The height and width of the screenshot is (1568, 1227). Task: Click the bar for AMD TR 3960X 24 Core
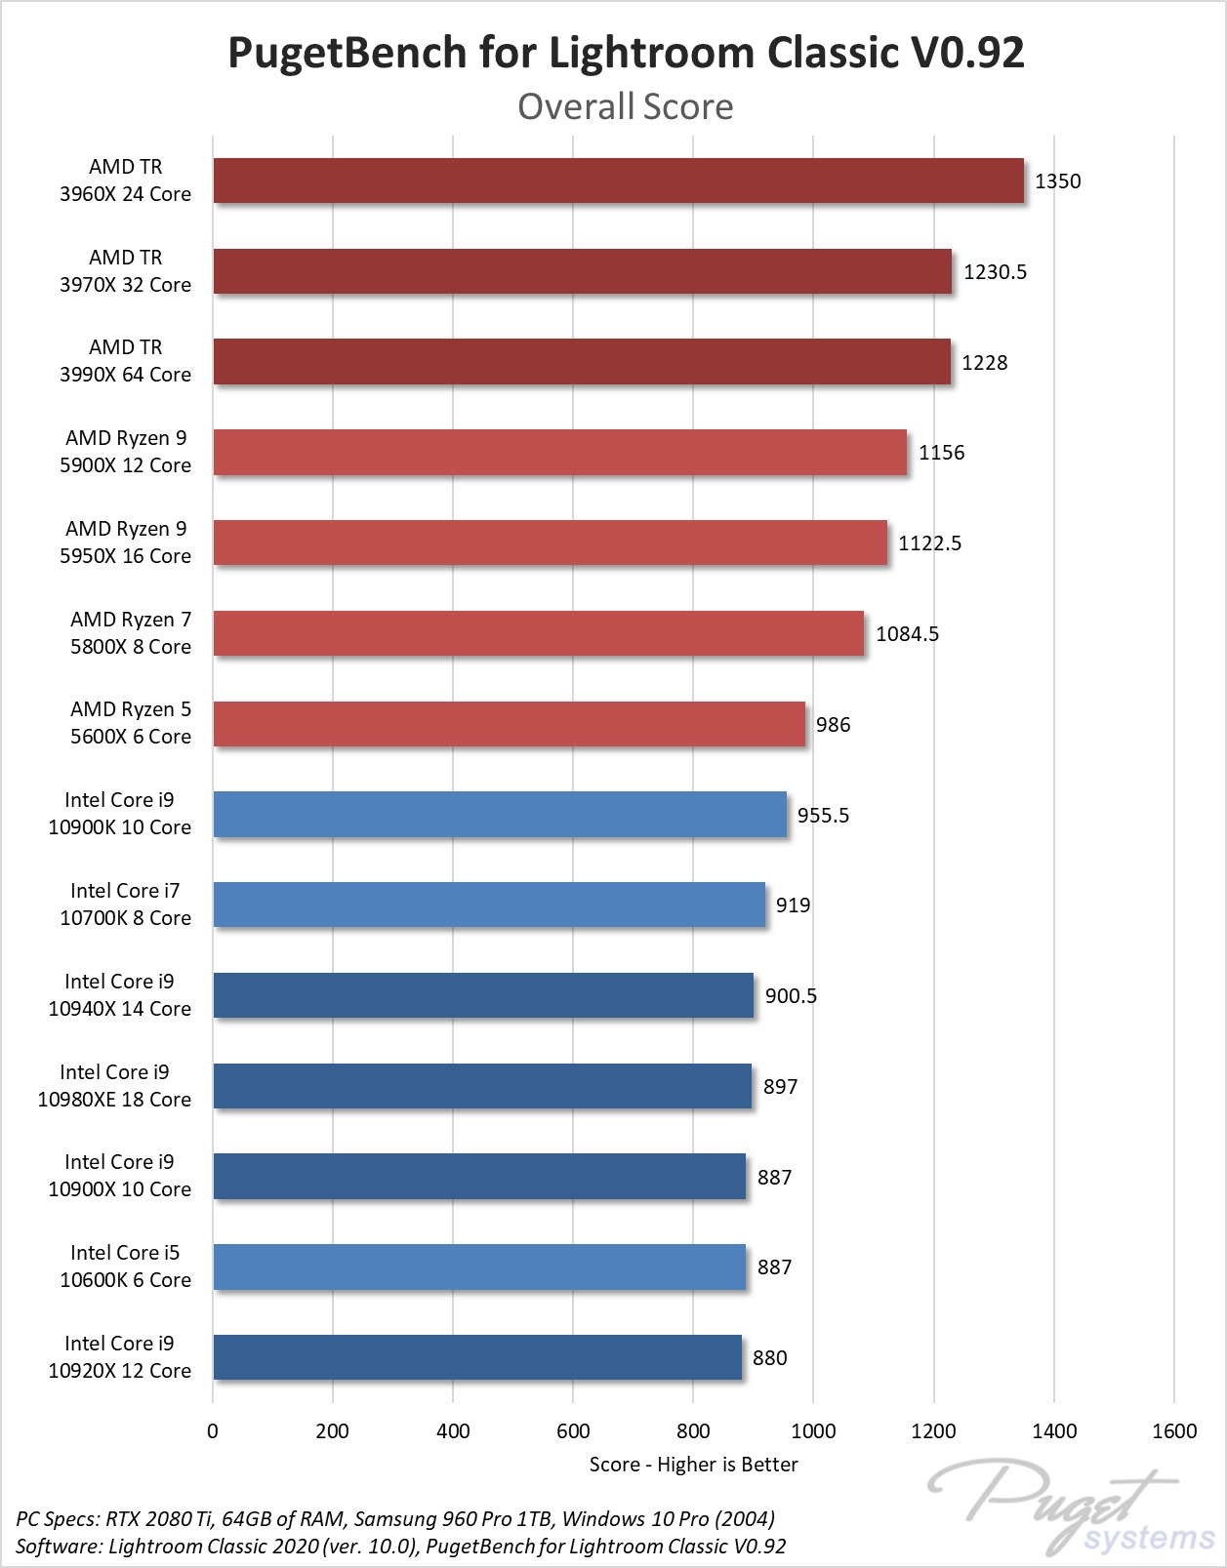[x=618, y=181]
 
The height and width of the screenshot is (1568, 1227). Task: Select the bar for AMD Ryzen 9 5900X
[x=559, y=452]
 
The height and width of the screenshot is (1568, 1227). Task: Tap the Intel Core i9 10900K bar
[x=500, y=814]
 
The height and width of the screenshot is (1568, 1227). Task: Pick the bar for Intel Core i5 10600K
[x=479, y=1266]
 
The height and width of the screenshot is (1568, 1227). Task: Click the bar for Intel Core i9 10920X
[x=477, y=1357]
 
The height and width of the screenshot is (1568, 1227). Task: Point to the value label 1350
[x=1057, y=181]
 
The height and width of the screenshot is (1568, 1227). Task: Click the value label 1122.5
[x=929, y=543]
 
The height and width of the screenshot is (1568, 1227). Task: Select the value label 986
[x=833, y=725]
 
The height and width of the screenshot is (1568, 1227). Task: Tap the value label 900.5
[x=791, y=996]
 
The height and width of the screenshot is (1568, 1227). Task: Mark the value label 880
[x=769, y=1358]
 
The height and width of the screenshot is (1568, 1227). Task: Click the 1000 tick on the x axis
[x=813, y=1431]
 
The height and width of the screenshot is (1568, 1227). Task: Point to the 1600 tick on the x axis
[x=1173, y=1431]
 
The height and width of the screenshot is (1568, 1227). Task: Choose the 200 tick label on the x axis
[x=332, y=1431]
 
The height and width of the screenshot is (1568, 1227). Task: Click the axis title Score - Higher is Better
[x=693, y=1465]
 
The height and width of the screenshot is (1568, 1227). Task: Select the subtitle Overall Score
[x=625, y=106]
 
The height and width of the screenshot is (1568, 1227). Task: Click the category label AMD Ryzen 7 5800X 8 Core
[x=130, y=633]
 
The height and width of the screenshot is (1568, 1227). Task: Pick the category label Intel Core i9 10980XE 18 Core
[x=114, y=1086]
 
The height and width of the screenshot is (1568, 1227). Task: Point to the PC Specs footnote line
[x=395, y=1519]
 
